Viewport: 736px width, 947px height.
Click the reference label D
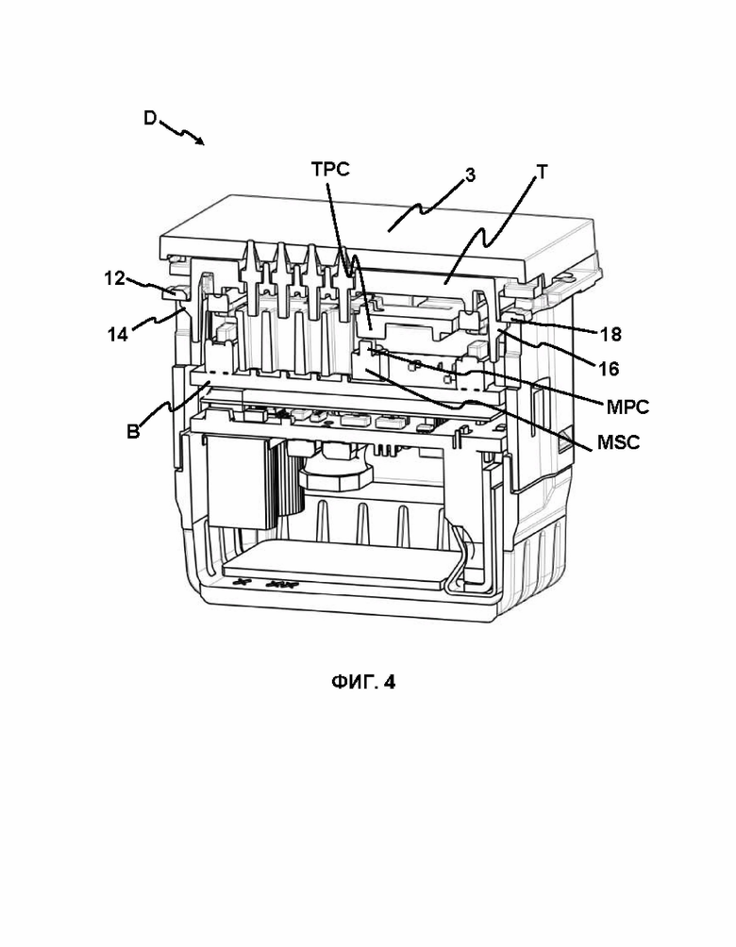click(x=150, y=118)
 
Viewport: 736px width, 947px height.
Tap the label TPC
click(x=330, y=169)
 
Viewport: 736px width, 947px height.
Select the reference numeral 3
click(x=470, y=175)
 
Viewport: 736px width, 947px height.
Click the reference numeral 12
click(x=114, y=278)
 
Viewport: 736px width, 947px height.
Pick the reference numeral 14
click(x=118, y=334)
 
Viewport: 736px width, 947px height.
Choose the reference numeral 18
click(x=611, y=334)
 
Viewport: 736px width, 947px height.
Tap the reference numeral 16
click(x=610, y=369)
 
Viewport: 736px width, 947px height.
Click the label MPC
click(x=627, y=407)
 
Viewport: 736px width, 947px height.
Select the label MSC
click(x=618, y=442)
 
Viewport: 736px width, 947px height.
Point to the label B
click(x=133, y=432)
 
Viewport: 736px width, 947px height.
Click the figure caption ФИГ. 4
click(x=363, y=682)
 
